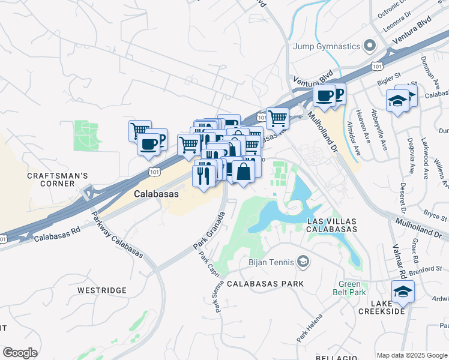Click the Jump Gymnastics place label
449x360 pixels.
[326, 46]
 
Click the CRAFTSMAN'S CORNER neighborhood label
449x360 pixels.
[58, 179]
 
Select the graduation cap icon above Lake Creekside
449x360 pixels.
[400, 293]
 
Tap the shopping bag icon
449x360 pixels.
[244, 171]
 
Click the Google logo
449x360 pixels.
[20, 353]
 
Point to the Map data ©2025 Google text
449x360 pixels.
[411, 355]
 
